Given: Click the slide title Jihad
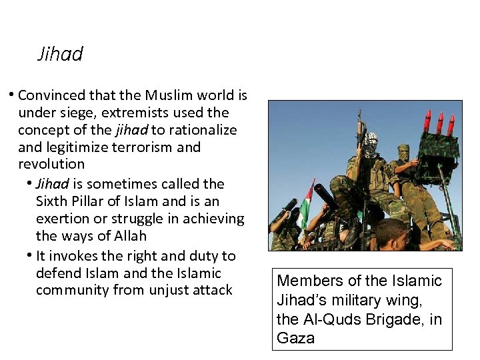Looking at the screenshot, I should point(60,54).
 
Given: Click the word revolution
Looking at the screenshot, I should point(51,164).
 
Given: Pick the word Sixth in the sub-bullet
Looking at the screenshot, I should point(49,201).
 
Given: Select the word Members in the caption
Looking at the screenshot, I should point(308,281).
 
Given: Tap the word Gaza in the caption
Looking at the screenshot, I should point(295,338).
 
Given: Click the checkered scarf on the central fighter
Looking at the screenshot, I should point(370,145).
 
